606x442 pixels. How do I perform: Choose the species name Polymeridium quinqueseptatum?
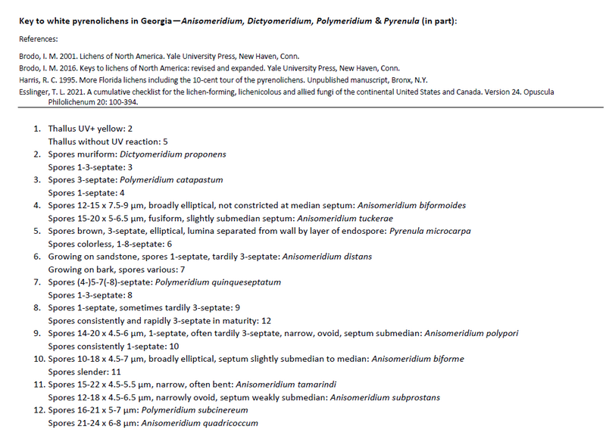(217, 282)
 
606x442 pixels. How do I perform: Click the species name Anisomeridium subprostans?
(383, 397)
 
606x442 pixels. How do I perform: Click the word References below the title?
(39, 39)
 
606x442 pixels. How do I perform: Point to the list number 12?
(37, 410)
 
